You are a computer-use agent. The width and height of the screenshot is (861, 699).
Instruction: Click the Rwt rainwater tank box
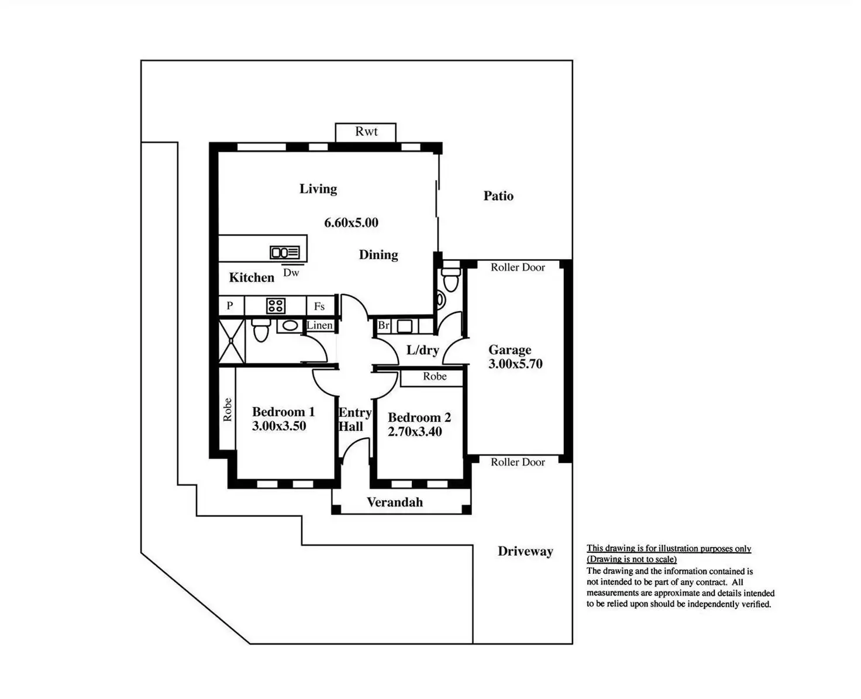366,132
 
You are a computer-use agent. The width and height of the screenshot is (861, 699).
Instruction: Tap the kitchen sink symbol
285,253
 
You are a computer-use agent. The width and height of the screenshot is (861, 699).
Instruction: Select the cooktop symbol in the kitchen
275,306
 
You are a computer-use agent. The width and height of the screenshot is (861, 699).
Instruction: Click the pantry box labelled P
230,306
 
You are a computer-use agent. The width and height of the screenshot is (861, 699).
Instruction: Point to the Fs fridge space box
319,306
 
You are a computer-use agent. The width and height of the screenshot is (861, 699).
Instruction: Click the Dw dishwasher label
291,273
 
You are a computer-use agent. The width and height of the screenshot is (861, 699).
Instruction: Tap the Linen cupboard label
320,325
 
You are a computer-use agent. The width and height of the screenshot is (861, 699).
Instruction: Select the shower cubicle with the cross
232,341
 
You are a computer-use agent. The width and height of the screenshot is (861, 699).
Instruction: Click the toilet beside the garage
450,280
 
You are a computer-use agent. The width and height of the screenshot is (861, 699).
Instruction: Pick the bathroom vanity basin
290,326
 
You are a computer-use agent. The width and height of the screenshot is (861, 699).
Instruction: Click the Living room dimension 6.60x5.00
351,223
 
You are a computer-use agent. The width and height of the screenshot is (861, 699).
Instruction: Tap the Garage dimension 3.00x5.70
515,364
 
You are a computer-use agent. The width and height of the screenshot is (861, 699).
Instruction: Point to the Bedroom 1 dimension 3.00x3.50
279,426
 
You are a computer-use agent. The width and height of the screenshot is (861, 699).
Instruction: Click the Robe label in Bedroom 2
435,377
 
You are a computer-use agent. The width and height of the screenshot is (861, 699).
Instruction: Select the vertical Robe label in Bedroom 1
228,409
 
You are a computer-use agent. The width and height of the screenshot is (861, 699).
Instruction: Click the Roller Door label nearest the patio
518,267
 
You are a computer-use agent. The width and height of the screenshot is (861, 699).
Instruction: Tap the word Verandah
395,502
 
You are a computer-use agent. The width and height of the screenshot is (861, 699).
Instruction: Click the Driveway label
525,552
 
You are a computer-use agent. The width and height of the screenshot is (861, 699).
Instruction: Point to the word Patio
498,196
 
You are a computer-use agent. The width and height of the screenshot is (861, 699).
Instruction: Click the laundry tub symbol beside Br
404,326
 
